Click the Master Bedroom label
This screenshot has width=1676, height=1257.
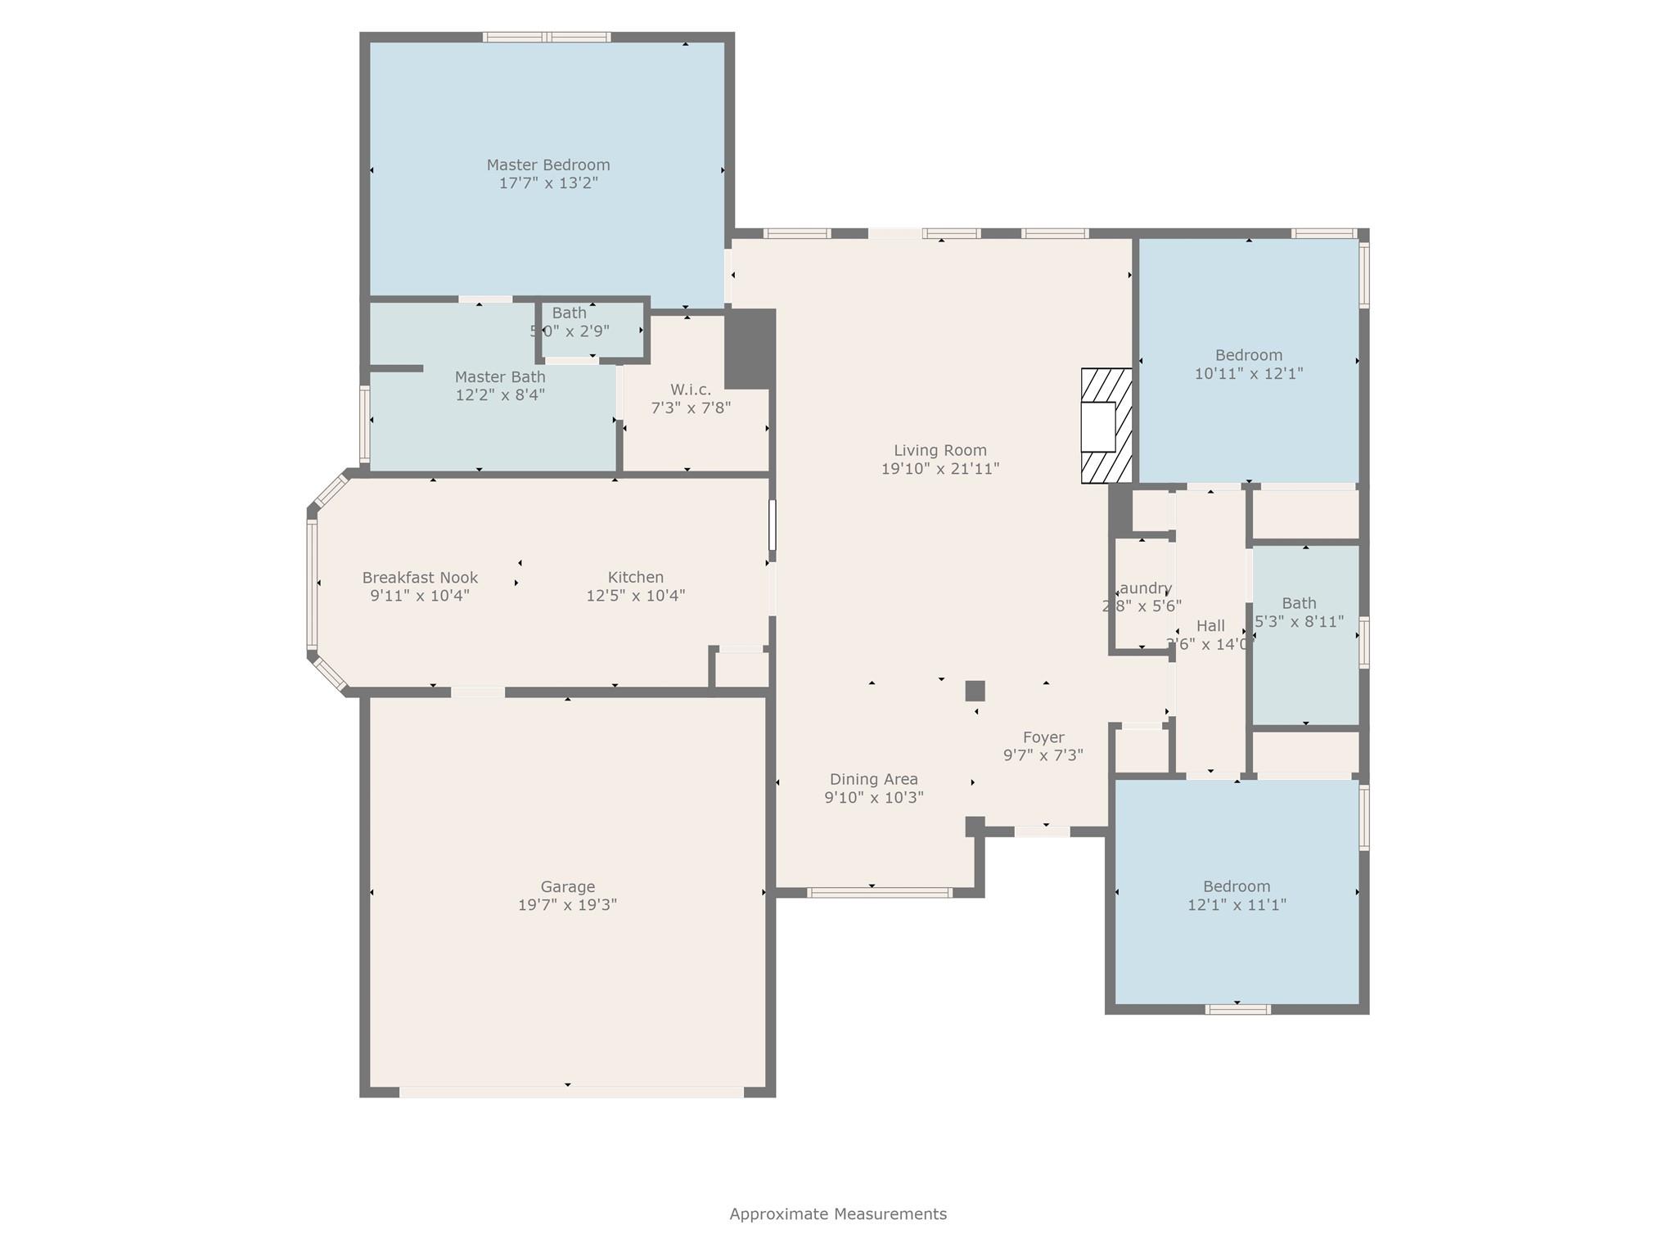point(548,164)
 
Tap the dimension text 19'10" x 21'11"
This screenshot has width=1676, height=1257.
point(939,469)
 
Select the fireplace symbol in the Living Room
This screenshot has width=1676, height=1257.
point(1106,426)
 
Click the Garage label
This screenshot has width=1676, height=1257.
point(567,886)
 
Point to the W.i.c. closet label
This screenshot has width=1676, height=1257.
point(690,390)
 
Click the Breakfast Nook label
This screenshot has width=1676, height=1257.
point(420,578)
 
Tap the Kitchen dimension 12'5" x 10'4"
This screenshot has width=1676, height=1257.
point(635,596)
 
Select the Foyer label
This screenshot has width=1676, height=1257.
point(1043,737)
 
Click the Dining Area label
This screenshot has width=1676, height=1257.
point(873,779)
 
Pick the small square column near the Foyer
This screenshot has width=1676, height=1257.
point(975,691)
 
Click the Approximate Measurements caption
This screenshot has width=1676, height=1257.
point(838,1214)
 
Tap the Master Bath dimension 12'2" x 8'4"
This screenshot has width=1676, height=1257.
point(500,394)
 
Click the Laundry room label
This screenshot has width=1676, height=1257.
point(1143,588)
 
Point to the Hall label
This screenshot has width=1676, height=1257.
point(1210,626)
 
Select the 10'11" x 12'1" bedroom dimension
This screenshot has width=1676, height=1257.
point(1248,373)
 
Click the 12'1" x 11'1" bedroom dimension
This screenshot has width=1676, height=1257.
point(1237,904)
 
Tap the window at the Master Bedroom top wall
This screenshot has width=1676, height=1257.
point(546,37)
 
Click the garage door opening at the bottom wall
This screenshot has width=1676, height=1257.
point(570,1092)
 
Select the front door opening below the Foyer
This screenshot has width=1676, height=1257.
point(1042,831)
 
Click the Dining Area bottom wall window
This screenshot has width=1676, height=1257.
point(879,893)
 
